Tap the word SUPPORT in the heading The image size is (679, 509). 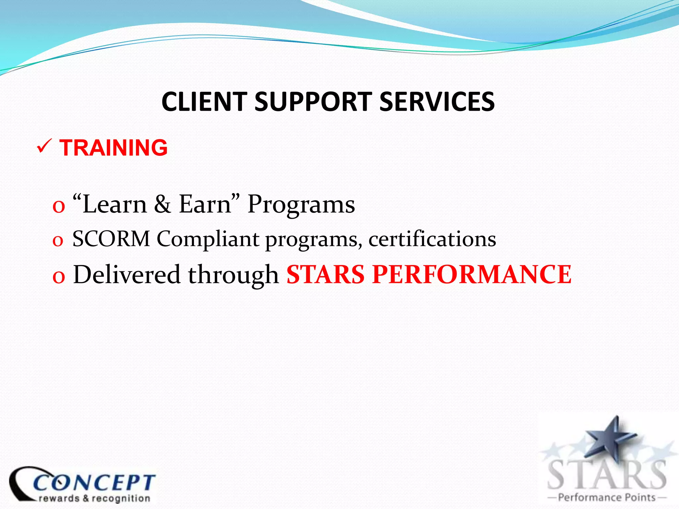pyautogui.click(x=313, y=101)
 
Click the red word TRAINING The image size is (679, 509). pyautogui.click(x=113, y=147)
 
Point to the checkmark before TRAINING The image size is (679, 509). pyautogui.click(x=44, y=146)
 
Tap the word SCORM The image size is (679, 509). pyautogui.click(x=111, y=239)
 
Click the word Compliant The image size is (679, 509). pyautogui.click(x=208, y=239)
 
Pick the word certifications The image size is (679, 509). pyautogui.click(x=432, y=239)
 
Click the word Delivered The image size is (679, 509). pyautogui.click(x=127, y=274)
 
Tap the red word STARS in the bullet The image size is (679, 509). pyautogui.click(x=325, y=274)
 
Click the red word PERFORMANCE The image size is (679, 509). pyautogui.click(x=471, y=274)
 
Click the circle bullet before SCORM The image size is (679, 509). pyautogui.click(x=58, y=241)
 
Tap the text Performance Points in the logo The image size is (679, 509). pyautogui.click(x=607, y=497)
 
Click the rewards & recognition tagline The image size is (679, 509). pyautogui.click(x=94, y=498)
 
